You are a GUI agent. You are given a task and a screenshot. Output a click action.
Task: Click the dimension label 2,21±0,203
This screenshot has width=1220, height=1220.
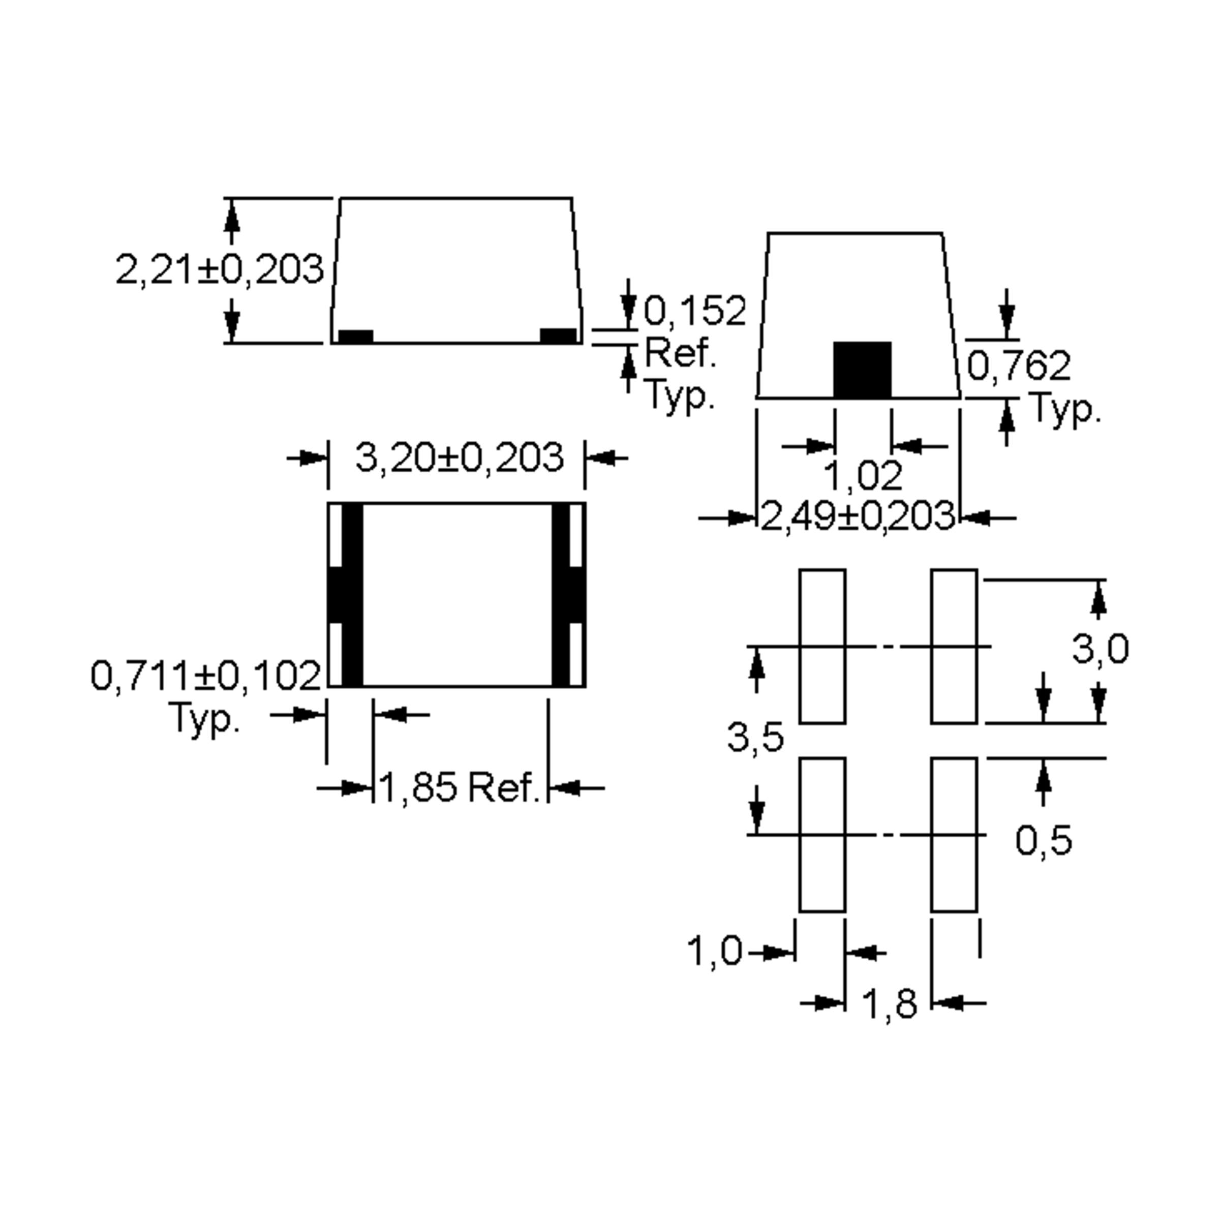click(219, 269)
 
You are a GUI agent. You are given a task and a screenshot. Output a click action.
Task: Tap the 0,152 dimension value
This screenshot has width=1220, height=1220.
click(694, 311)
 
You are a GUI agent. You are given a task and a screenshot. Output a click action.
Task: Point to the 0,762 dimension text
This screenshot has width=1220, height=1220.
click(1019, 365)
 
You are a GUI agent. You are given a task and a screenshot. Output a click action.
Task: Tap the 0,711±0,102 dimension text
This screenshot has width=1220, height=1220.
click(206, 676)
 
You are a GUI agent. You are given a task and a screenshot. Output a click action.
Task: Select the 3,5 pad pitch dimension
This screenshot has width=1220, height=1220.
click(755, 737)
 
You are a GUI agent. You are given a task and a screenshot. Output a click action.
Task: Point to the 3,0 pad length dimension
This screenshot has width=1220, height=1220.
click(1100, 649)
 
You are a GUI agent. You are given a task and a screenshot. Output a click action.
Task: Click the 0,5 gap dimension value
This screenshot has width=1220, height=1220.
click(1043, 840)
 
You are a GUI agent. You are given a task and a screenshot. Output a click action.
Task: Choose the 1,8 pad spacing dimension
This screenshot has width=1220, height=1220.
click(889, 1003)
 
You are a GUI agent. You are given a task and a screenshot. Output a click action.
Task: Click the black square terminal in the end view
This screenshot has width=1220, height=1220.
click(862, 370)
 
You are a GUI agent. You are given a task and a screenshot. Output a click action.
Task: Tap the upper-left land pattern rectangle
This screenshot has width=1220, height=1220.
click(822, 646)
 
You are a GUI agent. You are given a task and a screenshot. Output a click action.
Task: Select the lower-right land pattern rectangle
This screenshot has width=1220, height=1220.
click(954, 835)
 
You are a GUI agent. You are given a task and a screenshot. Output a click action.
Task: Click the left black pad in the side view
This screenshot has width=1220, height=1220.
click(355, 337)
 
